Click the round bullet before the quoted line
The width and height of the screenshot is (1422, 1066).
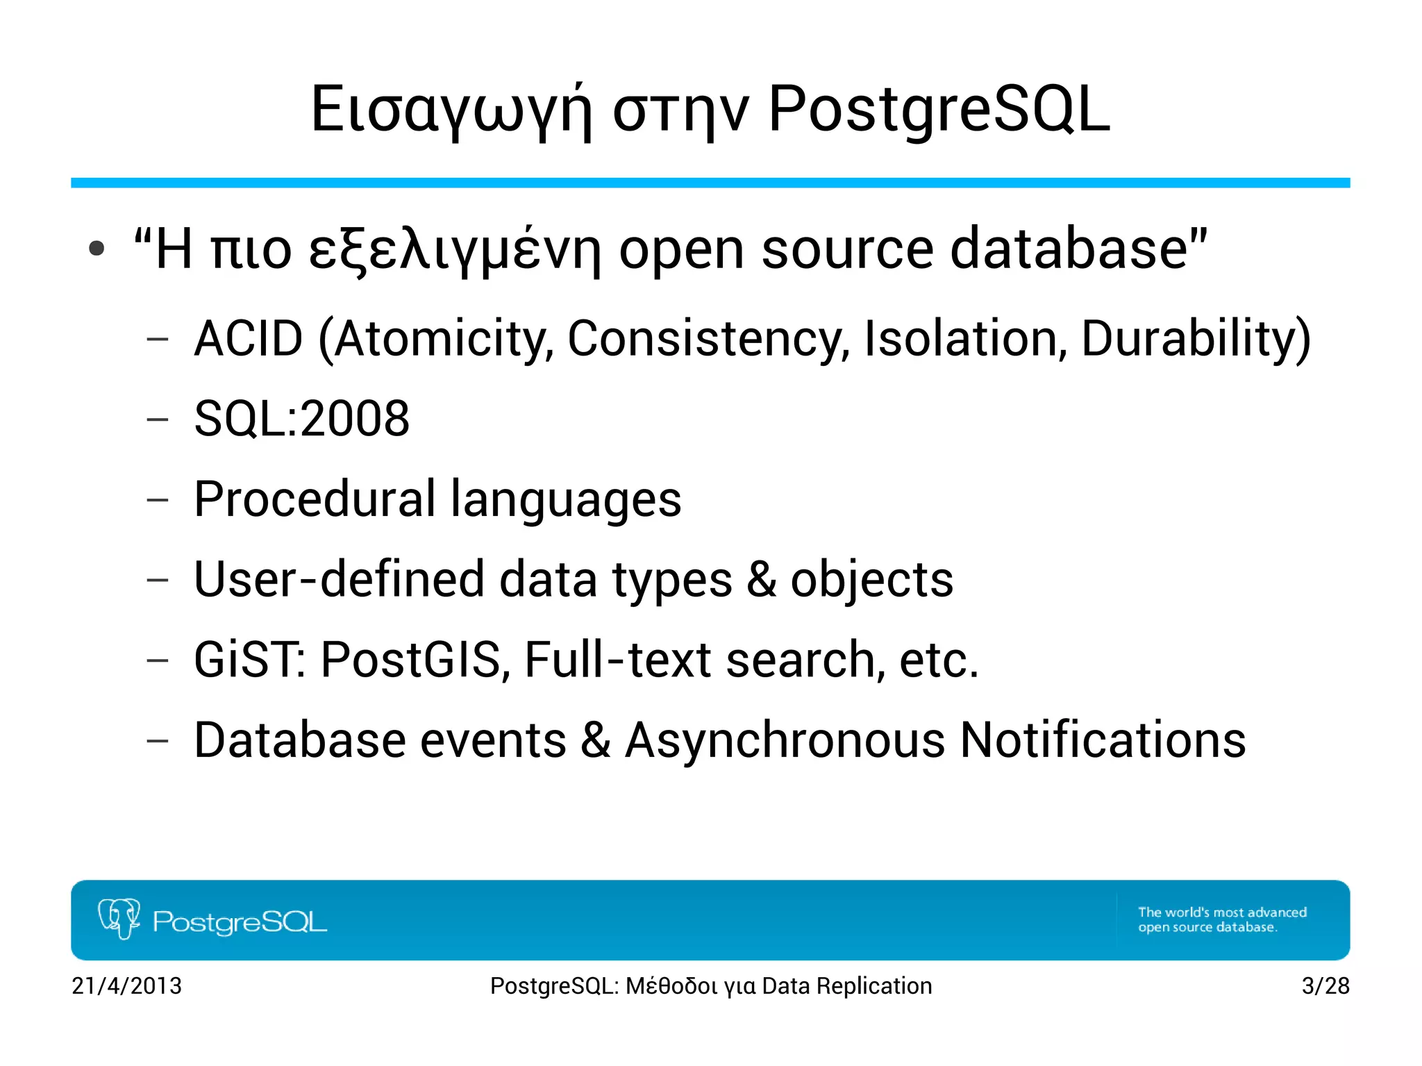[x=97, y=249]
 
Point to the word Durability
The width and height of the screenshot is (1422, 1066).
[x=1189, y=339]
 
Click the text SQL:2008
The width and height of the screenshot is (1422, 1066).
[x=301, y=419]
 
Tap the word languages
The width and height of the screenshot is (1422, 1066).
[x=566, y=500]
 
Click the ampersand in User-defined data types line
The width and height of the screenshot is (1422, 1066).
[x=762, y=579]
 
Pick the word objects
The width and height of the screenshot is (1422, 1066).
[x=871, y=579]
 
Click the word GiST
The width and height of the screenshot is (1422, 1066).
[x=248, y=659]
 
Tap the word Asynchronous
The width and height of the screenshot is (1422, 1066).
[x=785, y=740]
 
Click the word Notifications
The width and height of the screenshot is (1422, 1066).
[x=1103, y=740]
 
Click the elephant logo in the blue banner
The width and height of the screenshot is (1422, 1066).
[x=119, y=918]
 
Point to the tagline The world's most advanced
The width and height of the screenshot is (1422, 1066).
[x=1222, y=913]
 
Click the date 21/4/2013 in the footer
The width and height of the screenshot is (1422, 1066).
[x=126, y=985]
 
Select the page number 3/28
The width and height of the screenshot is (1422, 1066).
[x=1325, y=985]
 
